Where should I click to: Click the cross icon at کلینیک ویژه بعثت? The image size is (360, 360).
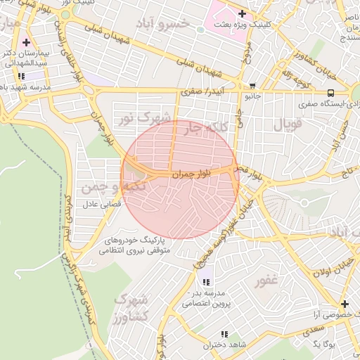[243, 13]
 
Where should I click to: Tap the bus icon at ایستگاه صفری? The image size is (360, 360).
[330, 92]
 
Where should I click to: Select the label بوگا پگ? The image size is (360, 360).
[326, 343]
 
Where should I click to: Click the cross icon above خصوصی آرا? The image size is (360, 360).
[345, 304]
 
